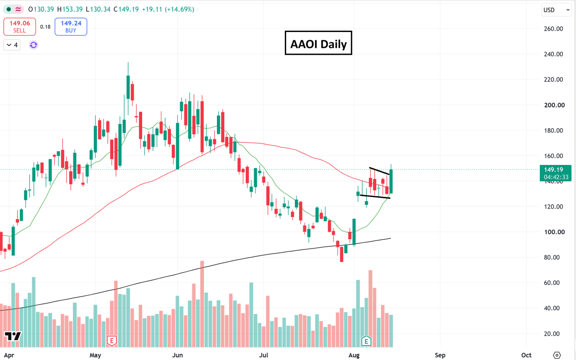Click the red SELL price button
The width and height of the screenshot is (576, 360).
coord(20,26)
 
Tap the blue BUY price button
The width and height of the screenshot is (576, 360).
coord(71,26)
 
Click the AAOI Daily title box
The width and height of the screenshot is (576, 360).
coord(318,43)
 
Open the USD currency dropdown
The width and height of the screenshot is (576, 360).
coord(556,10)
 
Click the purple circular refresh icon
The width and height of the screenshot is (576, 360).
coord(33,45)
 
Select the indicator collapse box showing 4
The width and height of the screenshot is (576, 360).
coord(12,45)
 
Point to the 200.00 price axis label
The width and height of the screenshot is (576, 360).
coord(555,105)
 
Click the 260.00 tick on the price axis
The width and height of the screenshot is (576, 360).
coord(553,29)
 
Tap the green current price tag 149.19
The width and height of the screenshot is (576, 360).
coord(556,173)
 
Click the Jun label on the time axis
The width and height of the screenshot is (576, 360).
coord(177,355)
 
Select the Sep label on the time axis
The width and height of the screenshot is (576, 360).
coord(440,355)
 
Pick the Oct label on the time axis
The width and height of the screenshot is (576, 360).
coord(526,355)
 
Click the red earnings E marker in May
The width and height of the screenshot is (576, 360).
coord(112,341)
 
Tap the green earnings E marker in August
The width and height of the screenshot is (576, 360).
coord(366,341)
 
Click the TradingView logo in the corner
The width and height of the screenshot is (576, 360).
coord(13,336)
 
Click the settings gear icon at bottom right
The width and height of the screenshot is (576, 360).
coord(556,355)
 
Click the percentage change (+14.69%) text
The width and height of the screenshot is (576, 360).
coord(179,9)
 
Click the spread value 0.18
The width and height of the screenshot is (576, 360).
coord(45,27)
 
